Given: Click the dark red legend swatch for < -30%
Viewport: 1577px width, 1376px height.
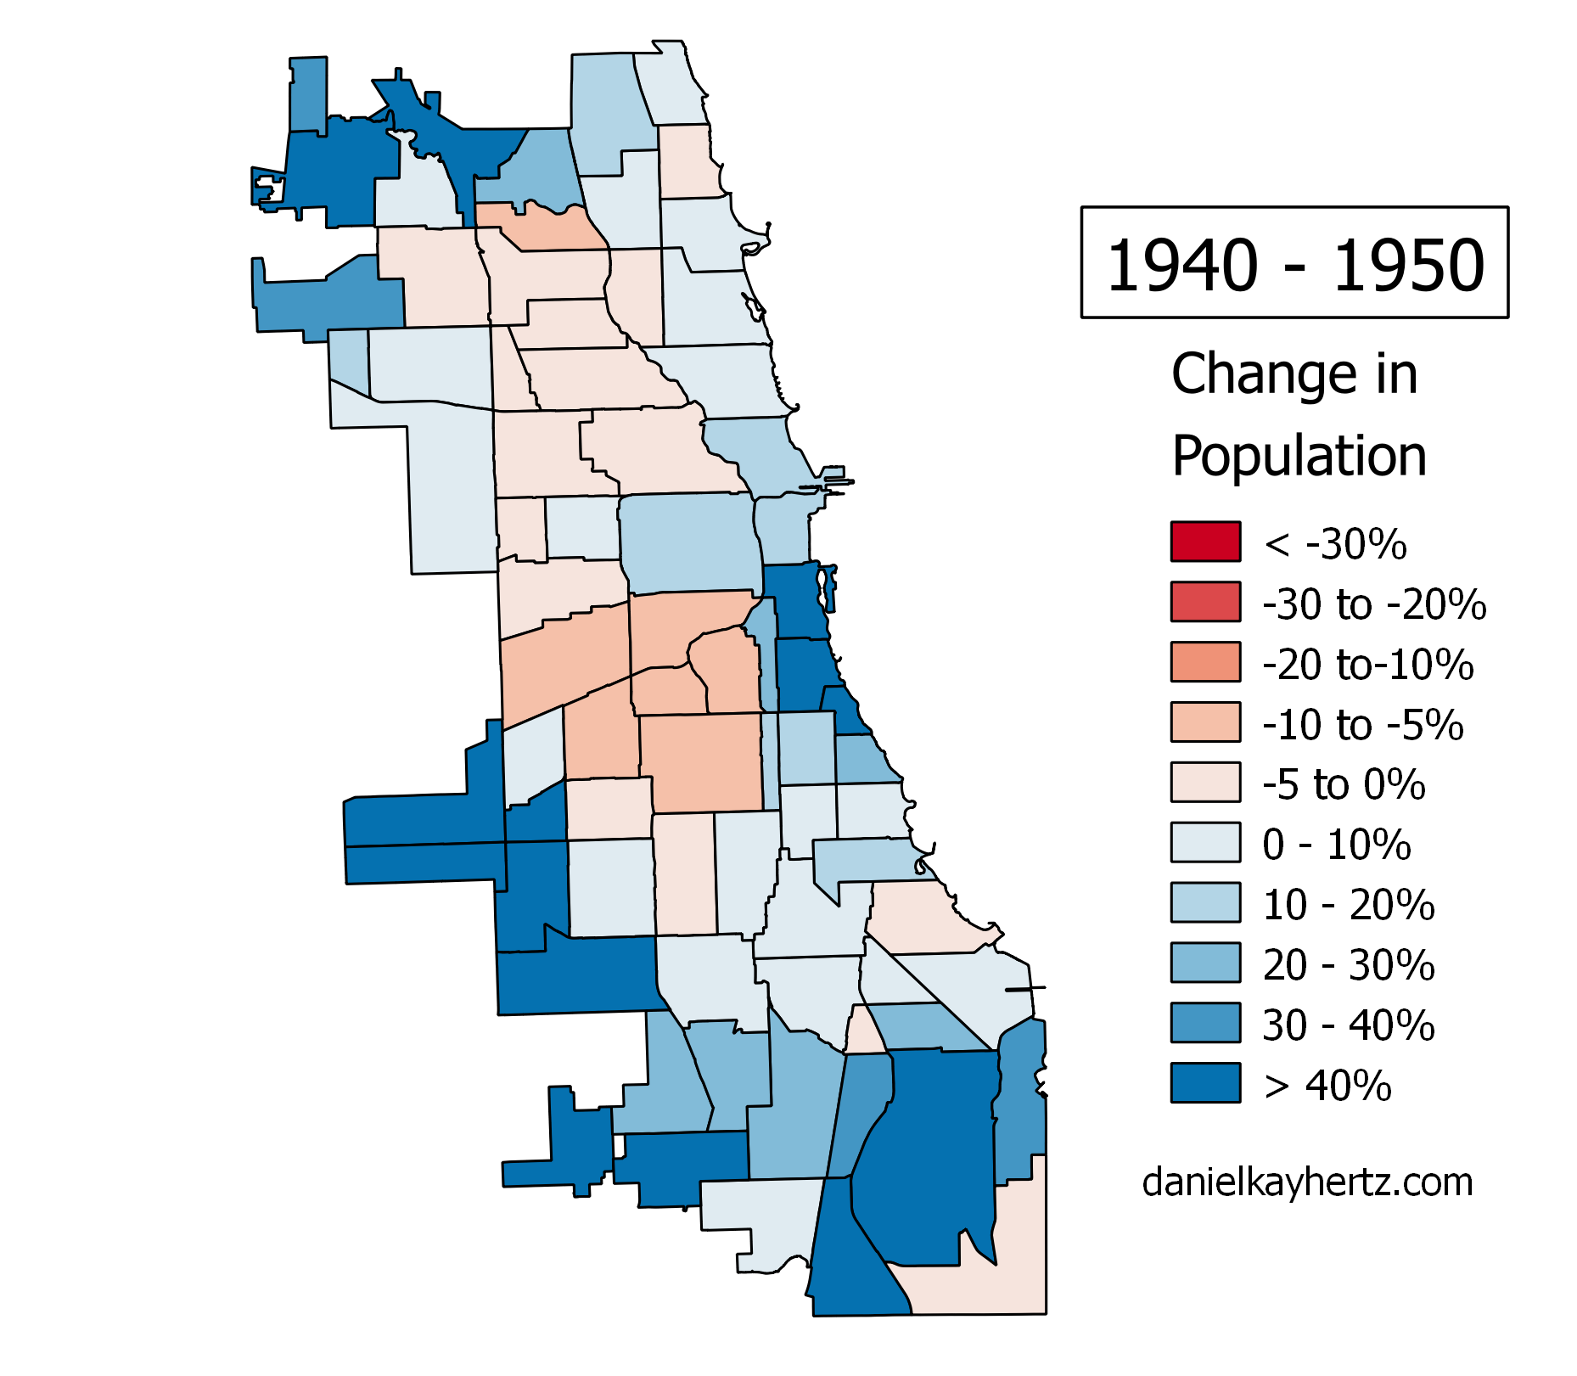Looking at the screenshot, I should (1205, 542).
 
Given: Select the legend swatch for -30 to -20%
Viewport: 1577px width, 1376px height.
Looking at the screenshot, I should (1205, 602).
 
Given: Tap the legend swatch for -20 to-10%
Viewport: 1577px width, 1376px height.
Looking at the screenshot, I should (1205, 662).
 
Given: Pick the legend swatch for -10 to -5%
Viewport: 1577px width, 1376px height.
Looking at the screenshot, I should (1205, 722).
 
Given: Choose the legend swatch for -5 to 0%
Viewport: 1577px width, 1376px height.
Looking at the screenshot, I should (1205, 783).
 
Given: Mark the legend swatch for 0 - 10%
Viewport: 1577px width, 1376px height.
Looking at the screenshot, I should (1205, 843).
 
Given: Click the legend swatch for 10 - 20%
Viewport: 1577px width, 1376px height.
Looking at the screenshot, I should (1205, 903).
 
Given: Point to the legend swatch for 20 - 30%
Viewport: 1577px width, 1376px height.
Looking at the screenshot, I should (1205, 963).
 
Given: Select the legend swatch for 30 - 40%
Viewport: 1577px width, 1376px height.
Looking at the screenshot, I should (1205, 1023).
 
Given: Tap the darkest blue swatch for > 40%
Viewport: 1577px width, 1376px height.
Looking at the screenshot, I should (1205, 1083).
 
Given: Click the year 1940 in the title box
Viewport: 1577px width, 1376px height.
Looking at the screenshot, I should (1181, 265).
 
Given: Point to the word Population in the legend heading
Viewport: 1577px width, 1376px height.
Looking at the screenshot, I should (1299, 457).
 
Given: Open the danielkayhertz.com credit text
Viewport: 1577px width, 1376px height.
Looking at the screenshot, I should (1307, 1182).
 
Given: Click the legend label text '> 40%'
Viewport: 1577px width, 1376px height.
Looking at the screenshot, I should (1327, 1086).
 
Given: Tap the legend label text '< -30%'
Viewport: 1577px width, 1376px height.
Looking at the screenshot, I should (1335, 543).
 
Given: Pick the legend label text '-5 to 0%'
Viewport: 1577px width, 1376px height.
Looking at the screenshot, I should (1344, 784).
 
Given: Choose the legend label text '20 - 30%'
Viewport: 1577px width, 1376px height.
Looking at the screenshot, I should (1349, 965).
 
